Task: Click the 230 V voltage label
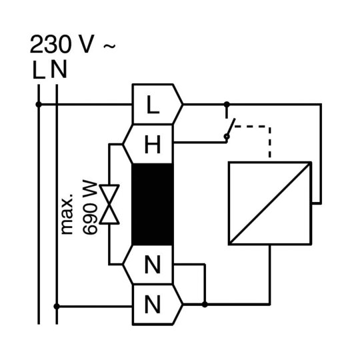point(62,44)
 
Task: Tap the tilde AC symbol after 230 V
point(109,46)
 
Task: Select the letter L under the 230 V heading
point(39,69)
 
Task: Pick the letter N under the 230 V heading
point(59,69)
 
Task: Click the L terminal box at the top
point(157,104)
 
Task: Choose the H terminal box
point(148,144)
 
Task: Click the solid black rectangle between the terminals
point(153,205)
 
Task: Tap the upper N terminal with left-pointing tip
point(148,265)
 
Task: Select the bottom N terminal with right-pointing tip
point(157,305)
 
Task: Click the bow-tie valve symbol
point(109,204)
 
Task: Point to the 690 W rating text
point(90,208)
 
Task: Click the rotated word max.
point(67,214)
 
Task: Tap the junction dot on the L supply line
point(39,105)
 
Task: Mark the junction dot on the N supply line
point(57,306)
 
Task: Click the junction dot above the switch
point(227,105)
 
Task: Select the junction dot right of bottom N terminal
point(205,305)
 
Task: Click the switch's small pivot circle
point(227,137)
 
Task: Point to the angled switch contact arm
point(231,127)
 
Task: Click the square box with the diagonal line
point(270,203)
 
